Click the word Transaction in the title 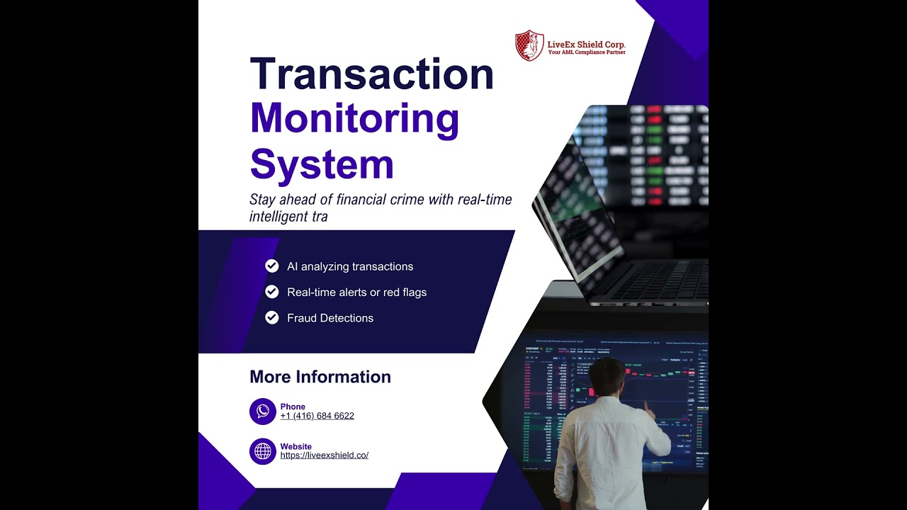(x=371, y=74)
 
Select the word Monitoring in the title (x=354, y=119)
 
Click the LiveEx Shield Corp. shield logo (x=529, y=45)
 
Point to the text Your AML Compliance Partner (x=586, y=52)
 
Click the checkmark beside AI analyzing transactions (x=272, y=266)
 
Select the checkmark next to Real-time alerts (x=272, y=292)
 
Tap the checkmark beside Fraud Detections (x=272, y=318)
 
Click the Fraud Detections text (x=329, y=318)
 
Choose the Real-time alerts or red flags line (x=356, y=292)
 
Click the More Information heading (x=320, y=377)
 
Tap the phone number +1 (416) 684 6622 (x=317, y=416)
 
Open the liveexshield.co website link (x=324, y=455)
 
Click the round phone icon (x=263, y=412)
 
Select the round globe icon (x=263, y=451)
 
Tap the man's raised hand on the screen (x=647, y=407)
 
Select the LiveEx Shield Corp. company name (x=586, y=44)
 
